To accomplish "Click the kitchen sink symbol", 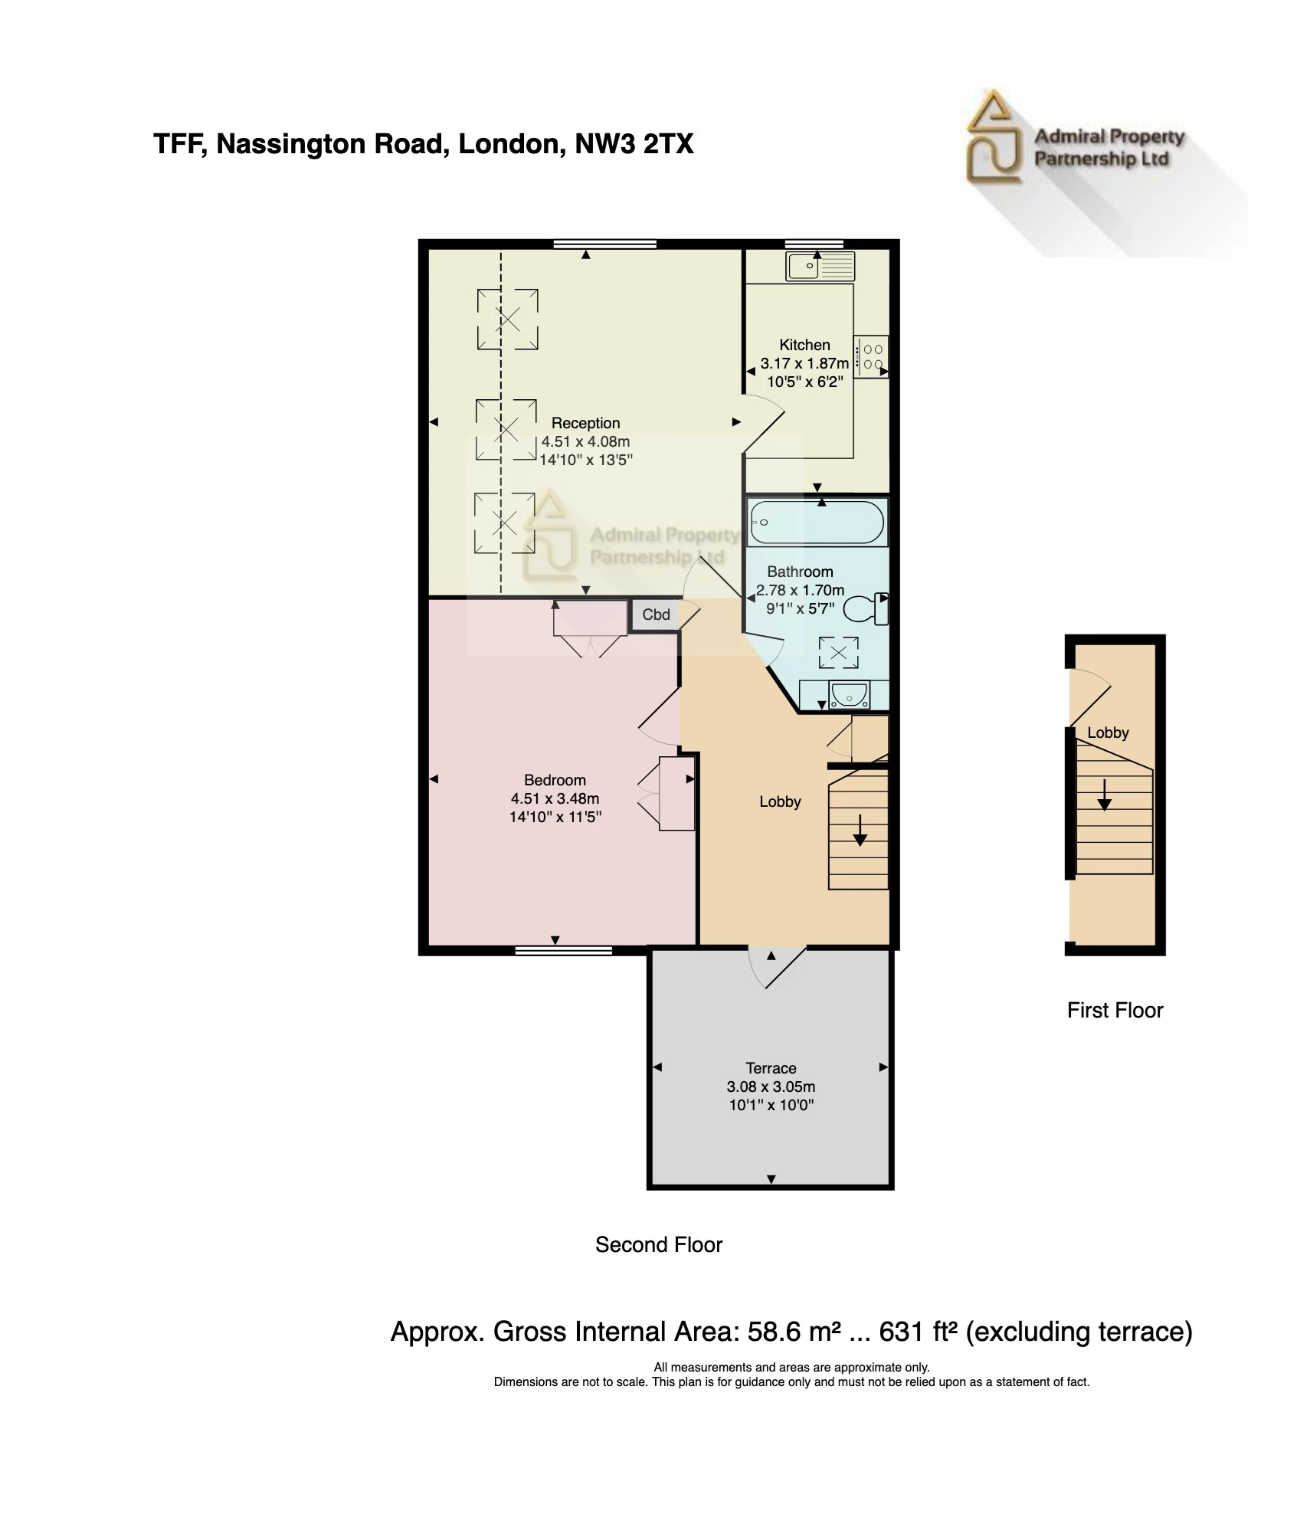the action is tap(820, 267).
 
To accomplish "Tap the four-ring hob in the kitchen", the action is tap(872, 357).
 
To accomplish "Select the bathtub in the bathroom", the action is tap(817, 523).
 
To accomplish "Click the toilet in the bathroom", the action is tap(866, 608).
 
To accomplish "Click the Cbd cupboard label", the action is tap(656, 615).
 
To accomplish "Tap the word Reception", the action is tap(585, 423).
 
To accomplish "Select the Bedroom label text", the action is tap(555, 780).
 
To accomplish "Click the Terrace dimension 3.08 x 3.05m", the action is tap(771, 1086).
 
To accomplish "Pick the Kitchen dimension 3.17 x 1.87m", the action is tap(804, 363).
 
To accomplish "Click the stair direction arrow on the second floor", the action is tap(860, 831).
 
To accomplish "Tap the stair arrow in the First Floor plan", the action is tap(1104, 795).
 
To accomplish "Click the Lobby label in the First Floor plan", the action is tap(1108, 733).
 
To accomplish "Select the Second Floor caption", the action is tap(659, 1244).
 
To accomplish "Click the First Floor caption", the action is tap(1115, 1010).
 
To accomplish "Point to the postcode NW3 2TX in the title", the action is tap(634, 144).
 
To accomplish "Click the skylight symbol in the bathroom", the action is tap(839, 653).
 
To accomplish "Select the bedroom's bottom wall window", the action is tap(564, 951).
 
